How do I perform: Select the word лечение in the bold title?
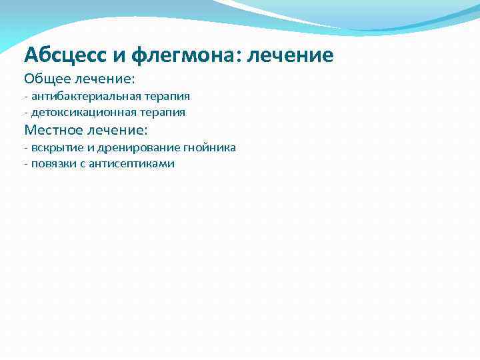[291, 55]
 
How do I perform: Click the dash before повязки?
[25, 163]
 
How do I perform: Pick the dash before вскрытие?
[25, 147]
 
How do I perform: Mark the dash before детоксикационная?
[25, 113]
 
